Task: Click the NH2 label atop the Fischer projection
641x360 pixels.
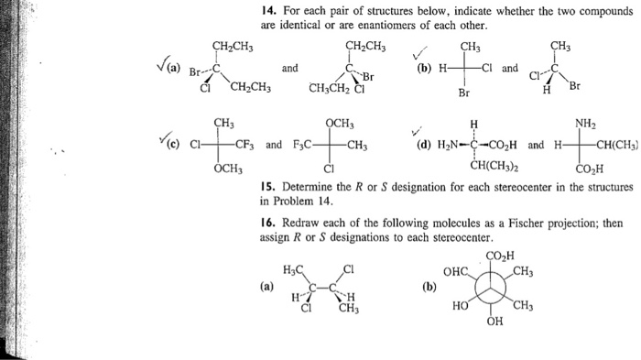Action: click(585, 122)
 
